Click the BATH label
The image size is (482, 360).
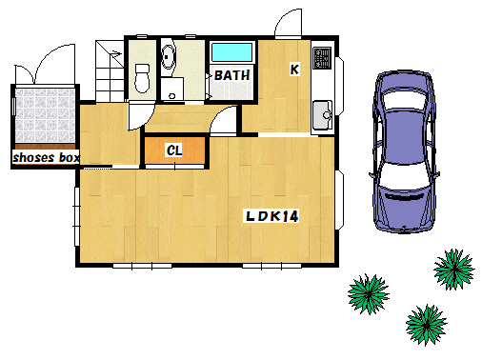coord(231,75)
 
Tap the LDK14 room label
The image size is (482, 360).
coord(272,216)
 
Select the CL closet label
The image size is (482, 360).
coord(174,150)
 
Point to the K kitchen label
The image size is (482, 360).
coord(294,70)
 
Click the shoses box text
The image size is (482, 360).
coord(47,157)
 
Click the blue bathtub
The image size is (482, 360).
coord(231,52)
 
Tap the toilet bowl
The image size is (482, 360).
coord(142,78)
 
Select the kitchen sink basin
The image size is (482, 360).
coord(322,114)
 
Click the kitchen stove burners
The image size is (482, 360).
coord(322,58)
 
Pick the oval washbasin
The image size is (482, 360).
coord(169,57)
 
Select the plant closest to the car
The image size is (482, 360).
coord(454,270)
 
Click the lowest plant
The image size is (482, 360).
coord(427,325)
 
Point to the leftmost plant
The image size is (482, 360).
coord(369,294)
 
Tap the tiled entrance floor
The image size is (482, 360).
coord(45,115)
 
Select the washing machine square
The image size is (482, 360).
coord(172,89)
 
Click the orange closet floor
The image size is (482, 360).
coord(174,150)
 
